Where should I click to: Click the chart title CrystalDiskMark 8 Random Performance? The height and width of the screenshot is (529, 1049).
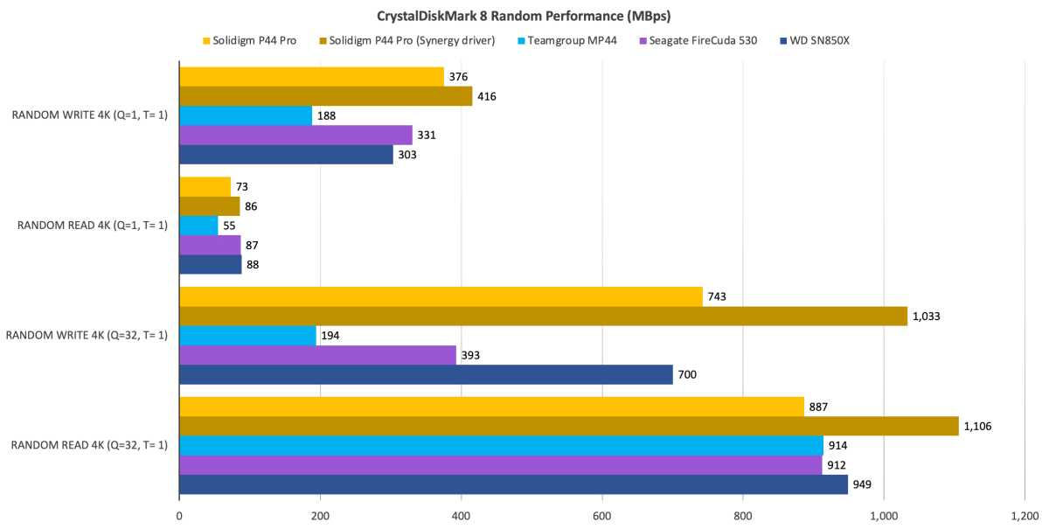pyautogui.click(x=524, y=16)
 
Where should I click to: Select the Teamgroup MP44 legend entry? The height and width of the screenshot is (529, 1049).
pyautogui.click(x=578, y=40)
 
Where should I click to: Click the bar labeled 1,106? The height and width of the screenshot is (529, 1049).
pyautogui.click(x=568, y=426)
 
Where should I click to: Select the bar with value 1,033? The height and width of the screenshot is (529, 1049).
pyautogui.click(x=542, y=316)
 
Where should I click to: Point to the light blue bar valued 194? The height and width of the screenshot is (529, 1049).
pyautogui.click(x=247, y=336)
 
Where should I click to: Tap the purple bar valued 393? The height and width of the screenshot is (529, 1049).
pyautogui.click(x=317, y=355)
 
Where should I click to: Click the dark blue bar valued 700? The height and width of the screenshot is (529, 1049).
pyautogui.click(x=426, y=375)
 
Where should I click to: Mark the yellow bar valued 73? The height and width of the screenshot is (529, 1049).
pyautogui.click(x=205, y=186)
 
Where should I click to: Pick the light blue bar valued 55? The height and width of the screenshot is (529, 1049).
pyautogui.click(x=198, y=226)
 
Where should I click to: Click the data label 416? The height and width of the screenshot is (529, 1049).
pyautogui.click(x=487, y=96)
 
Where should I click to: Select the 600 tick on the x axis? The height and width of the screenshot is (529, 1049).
pyautogui.click(x=602, y=516)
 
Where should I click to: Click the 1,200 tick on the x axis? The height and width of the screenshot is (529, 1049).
pyautogui.click(x=1024, y=516)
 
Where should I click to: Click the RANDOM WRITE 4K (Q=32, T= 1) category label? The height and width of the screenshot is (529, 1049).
pyautogui.click(x=87, y=336)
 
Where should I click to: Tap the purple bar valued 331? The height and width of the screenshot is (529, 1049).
pyautogui.click(x=295, y=136)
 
